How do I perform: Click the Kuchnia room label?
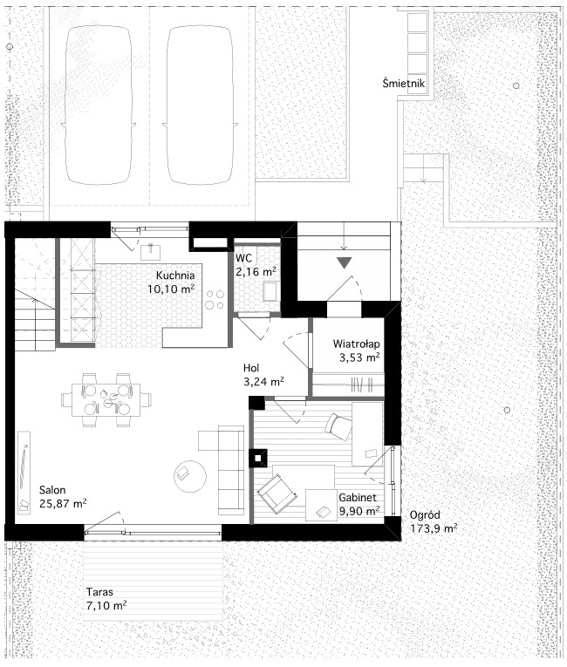[175, 276]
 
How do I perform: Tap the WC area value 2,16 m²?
[256, 272]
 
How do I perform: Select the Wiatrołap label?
[356, 344]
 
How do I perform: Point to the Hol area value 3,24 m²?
[264, 382]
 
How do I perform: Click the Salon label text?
[52, 490]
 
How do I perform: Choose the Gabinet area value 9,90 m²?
[359, 511]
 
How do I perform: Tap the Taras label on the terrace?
[99, 592]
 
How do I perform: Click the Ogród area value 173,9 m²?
[434, 528]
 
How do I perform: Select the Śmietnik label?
[404, 83]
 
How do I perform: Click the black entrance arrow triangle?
[345, 262]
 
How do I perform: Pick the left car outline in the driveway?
[99, 105]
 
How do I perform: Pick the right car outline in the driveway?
[200, 105]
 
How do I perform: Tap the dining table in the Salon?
[106, 400]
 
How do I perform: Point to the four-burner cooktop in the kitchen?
[215, 299]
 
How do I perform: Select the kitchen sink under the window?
[151, 251]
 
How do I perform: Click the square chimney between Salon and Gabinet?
[258, 458]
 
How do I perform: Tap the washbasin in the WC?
[270, 291]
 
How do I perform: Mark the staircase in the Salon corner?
[35, 295]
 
